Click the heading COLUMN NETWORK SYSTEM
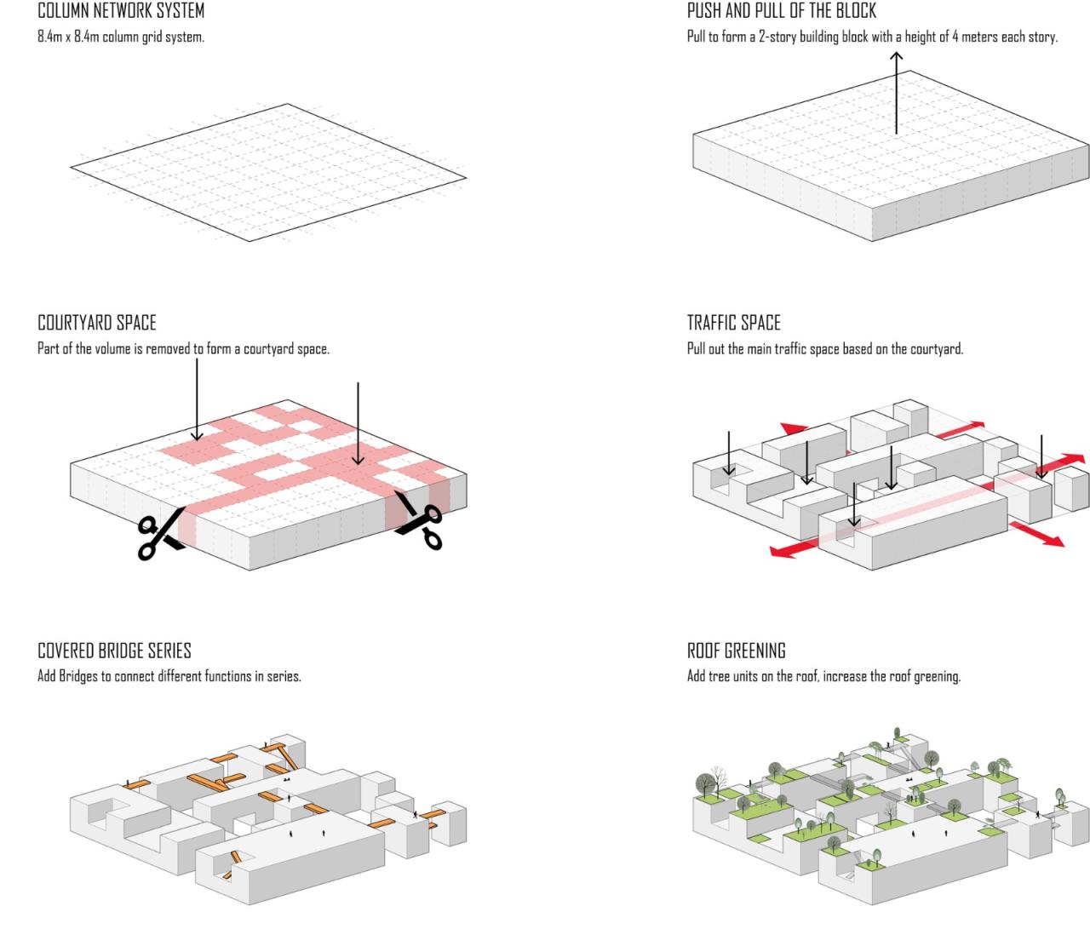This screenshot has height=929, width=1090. (x=121, y=12)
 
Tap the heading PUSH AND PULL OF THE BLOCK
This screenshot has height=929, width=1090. (x=781, y=12)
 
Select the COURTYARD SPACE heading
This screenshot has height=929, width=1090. (x=97, y=323)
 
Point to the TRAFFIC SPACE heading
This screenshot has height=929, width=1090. (x=733, y=323)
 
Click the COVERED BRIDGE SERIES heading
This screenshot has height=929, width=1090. (x=114, y=651)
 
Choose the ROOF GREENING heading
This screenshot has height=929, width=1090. (x=736, y=651)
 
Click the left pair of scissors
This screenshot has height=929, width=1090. (x=159, y=533)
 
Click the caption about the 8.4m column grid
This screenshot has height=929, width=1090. (x=121, y=37)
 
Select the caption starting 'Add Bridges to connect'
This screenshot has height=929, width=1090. (x=169, y=677)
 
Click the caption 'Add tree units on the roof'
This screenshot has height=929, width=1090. (x=823, y=677)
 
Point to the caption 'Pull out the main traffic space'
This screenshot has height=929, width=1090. (x=824, y=349)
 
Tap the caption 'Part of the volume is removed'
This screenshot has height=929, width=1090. (x=183, y=349)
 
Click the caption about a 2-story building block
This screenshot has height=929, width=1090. (x=872, y=37)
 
